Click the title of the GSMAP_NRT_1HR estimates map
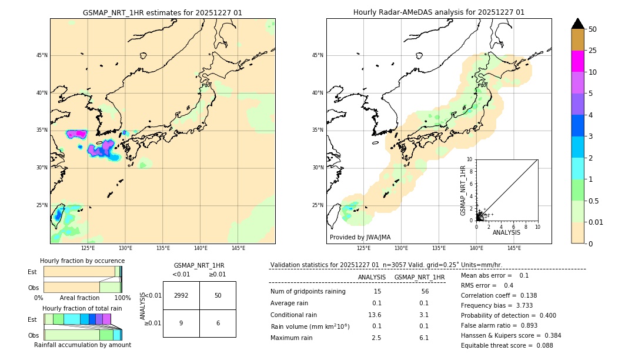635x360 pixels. (162, 12)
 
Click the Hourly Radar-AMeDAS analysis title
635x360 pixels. (439, 12)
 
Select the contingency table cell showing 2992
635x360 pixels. (181, 295)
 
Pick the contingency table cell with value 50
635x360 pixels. (218, 295)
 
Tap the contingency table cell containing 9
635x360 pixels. (181, 323)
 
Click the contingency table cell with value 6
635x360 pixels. (218, 323)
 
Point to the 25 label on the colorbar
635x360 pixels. (593, 51)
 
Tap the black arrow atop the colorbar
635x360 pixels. (578, 24)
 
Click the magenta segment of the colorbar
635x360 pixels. (578, 61)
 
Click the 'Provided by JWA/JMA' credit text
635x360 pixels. (360, 237)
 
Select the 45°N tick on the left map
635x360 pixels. (42, 55)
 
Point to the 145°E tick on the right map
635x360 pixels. (514, 248)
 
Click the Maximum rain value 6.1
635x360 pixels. (423, 338)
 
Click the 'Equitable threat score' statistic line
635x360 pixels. (507, 345)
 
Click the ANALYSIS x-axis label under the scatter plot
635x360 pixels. (506, 232)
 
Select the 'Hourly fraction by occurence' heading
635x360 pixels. (82, 261)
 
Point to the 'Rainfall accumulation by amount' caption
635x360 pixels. (82, 345)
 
